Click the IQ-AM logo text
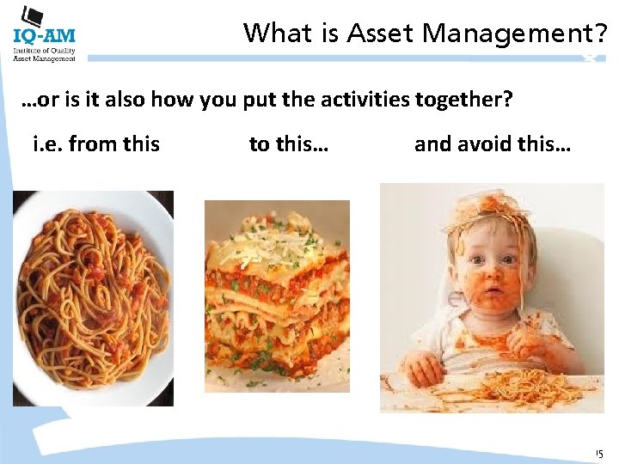pos(44,35)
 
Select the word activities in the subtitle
pos(364,100)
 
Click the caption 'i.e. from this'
pos(96,143)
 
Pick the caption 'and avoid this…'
pos(492,143)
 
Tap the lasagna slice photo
pos(277,296)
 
